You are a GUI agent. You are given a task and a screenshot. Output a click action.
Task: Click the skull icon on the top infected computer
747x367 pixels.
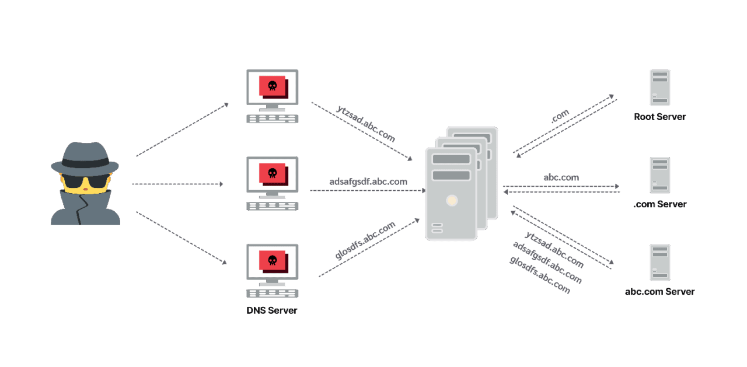point(271,86)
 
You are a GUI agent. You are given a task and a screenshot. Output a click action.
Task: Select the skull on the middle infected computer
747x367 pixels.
point(271,173)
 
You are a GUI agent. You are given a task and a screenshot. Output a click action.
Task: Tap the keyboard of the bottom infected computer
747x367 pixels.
point(272,293)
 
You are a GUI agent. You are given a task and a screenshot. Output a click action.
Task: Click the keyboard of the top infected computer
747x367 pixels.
point(272,118)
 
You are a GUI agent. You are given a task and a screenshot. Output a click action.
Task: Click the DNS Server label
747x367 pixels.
point(272,310)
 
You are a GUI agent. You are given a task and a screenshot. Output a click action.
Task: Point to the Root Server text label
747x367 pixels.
point(659,117)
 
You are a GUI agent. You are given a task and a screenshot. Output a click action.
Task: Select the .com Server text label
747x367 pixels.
point(659,204)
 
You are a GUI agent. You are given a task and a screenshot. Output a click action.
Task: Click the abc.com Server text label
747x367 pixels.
point(659,292)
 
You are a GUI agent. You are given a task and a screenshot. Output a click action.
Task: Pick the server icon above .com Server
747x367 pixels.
point(659,174)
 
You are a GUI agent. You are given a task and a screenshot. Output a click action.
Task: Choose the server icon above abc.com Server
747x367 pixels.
point(659,262)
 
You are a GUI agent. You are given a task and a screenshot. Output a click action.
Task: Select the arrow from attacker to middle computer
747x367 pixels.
point(178,184)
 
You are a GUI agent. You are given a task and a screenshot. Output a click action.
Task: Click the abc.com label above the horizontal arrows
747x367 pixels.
point(560,177)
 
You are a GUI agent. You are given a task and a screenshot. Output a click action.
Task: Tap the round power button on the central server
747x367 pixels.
point(451,201)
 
